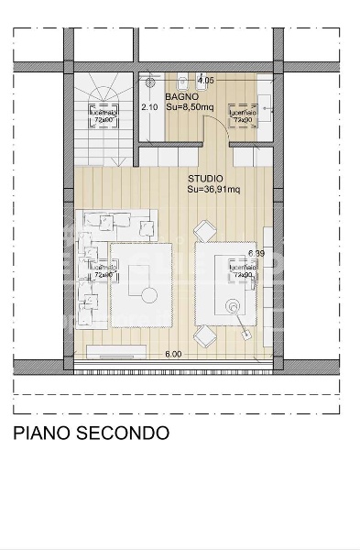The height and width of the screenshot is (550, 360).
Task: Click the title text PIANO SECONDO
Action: coord(91,433)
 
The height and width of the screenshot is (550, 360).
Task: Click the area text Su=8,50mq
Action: coord(192,106)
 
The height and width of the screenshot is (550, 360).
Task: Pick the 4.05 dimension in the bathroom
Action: coord(205,81)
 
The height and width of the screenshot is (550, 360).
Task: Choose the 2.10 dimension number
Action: coord(150,106)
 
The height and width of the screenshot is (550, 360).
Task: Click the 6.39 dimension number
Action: coord(256,253)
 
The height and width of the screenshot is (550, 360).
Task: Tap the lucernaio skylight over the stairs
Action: coord(102,115)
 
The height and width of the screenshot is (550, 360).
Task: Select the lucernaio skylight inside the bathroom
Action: coord(243,115)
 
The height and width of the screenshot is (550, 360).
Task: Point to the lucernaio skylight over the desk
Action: coord(243,270)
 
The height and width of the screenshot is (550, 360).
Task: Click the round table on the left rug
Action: coord(147,293)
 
